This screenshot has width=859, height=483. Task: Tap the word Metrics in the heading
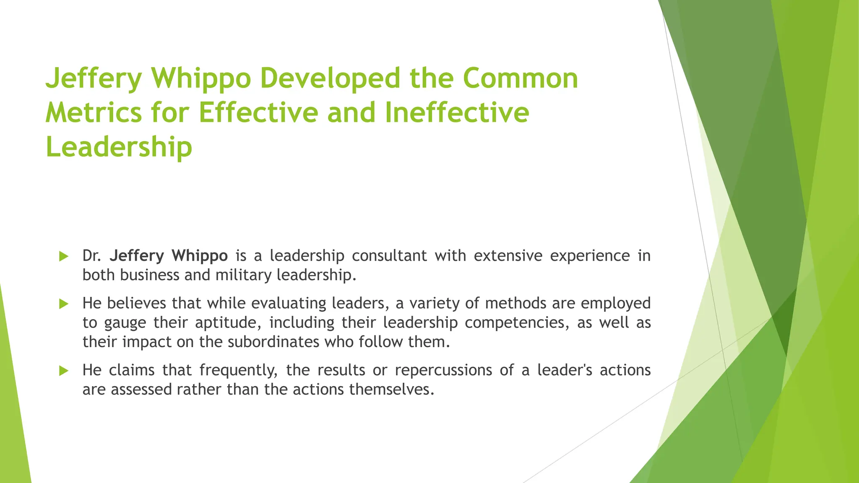click(94, 113)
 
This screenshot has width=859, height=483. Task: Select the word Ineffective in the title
click(457, 113)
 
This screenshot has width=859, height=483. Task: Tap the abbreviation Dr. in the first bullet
click(92, 256)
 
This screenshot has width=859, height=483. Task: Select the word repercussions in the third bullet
click(443, 370)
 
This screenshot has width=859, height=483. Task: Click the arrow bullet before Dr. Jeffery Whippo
click(64, 256)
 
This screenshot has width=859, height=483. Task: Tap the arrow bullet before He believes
click(64, 304)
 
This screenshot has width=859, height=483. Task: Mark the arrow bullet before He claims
click(64, 371)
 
